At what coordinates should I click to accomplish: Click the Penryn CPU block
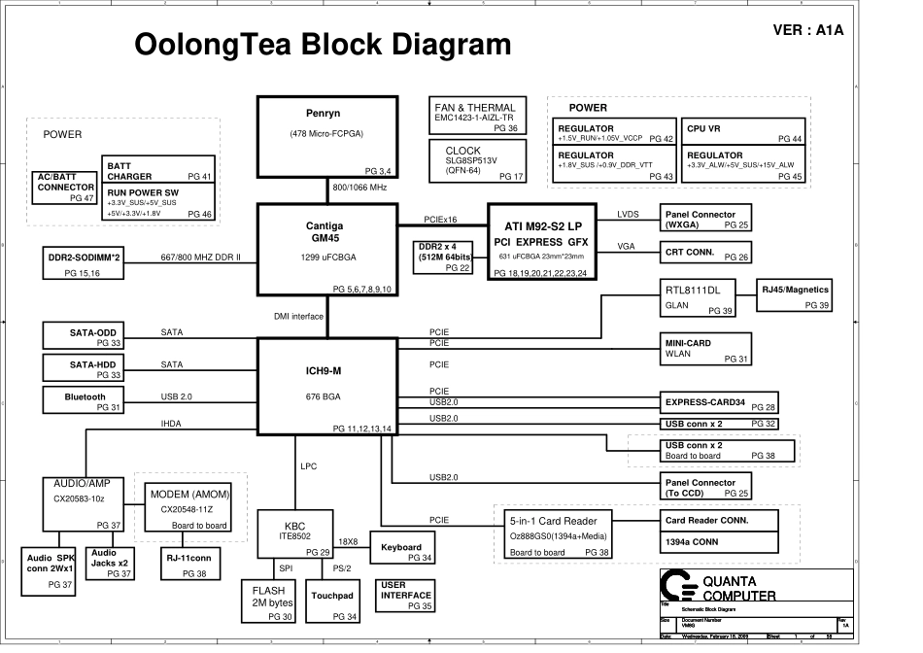[x=326, y=137]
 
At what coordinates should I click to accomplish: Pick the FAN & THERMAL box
[x=476, y=116]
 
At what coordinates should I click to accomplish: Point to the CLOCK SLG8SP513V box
[x=476, y=161]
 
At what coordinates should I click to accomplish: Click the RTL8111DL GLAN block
[x=698, y=297]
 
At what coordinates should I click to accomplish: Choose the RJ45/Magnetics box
[x=797, y=296]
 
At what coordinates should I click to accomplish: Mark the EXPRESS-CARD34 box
[x=720, y=403]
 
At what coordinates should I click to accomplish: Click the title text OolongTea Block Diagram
[x=322, y=45]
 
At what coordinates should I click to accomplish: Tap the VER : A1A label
[x=807, y=30]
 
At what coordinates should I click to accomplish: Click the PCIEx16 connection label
[x=440, y=220]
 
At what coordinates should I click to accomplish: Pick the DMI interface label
[x=298, y=317]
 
